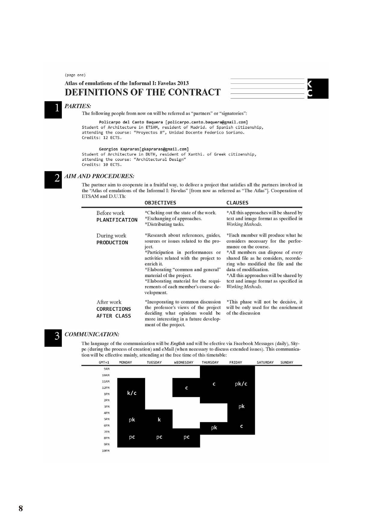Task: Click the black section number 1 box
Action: (x=53, y=110)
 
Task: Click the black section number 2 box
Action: (x=53, y=180)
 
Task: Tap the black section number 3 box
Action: (x=53, y=338)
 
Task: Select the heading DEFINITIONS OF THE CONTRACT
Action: (x=142, y=92)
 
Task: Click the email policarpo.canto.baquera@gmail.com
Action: (x=206, y=122)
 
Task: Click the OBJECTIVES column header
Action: (x=160, y=203)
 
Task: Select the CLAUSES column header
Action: (x=237, y=203)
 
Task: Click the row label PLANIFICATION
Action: (x=117, y=220)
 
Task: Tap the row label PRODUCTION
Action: (x=112, y=243)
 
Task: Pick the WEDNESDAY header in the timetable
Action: (x=184, y=363)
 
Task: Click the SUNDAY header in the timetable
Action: (x=287, y=363)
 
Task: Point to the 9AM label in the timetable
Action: (x=106, y=369)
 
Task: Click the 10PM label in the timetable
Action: (x=105, y=451)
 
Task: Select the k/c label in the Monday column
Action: (x=132, y=393)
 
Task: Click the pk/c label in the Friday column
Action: (x=241, y=384)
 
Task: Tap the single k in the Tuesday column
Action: (x=159, y=420)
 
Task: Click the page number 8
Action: (x=21, y=508)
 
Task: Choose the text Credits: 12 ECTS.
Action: (x=102, y=138)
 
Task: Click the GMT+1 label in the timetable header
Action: (x=104, y=363)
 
